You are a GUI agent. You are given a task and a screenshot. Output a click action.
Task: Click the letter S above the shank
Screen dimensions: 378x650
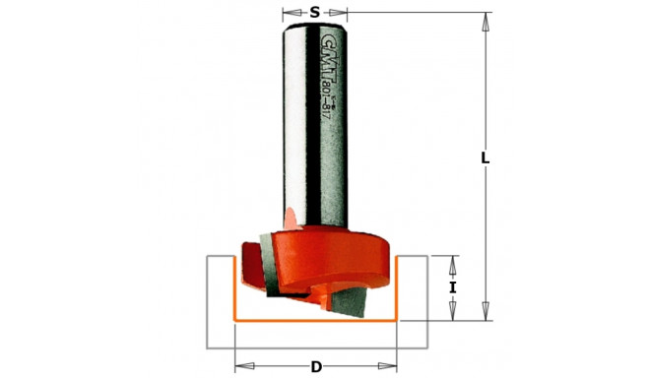tap(314, 13)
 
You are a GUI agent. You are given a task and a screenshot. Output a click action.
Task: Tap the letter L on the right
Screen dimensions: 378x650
tap(485, 158)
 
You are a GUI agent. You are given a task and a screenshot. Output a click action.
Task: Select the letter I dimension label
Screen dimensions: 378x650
tap(452, 287)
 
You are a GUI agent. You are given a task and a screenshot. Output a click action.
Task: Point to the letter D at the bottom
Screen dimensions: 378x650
tap(316, 367)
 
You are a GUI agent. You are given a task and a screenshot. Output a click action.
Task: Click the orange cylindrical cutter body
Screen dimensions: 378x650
tap(335, 251)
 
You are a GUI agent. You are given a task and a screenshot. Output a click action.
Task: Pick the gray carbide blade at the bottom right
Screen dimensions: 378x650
tap(355, 296)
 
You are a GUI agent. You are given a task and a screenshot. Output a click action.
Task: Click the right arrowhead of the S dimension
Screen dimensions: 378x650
tap(344, 13)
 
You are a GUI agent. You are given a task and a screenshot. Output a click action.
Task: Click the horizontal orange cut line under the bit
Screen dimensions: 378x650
tap(315, 321)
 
